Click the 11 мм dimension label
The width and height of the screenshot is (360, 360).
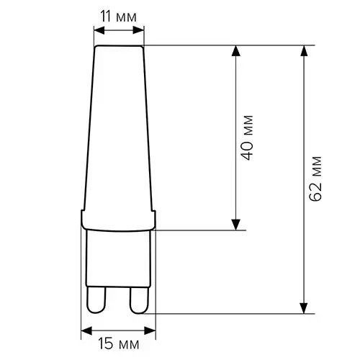[x=118, y=17]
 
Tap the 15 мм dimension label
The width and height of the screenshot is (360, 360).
[x=119, y=344]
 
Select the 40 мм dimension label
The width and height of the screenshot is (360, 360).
[x=247, y=138]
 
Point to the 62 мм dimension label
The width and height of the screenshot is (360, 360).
[x=315, y=179]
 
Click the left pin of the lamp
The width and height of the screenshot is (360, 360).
[x=96, y=300]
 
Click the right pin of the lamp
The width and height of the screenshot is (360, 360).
[x=139, y=300]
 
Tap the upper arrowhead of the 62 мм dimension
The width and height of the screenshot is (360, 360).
[x=304, y=51]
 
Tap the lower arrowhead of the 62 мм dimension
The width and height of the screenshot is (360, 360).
[x=304, y=308]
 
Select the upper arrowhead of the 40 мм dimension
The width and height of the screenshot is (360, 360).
[x=236, y=51]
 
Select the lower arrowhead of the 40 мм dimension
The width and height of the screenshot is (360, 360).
[x=236, y=225]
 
